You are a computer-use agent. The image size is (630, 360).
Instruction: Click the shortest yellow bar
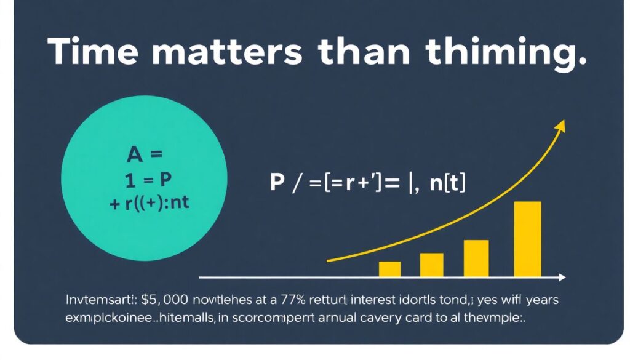pos(389,269)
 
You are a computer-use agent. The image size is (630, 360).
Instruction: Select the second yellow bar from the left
pos(431,265)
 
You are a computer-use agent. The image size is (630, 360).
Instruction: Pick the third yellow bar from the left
pos(476,258)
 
